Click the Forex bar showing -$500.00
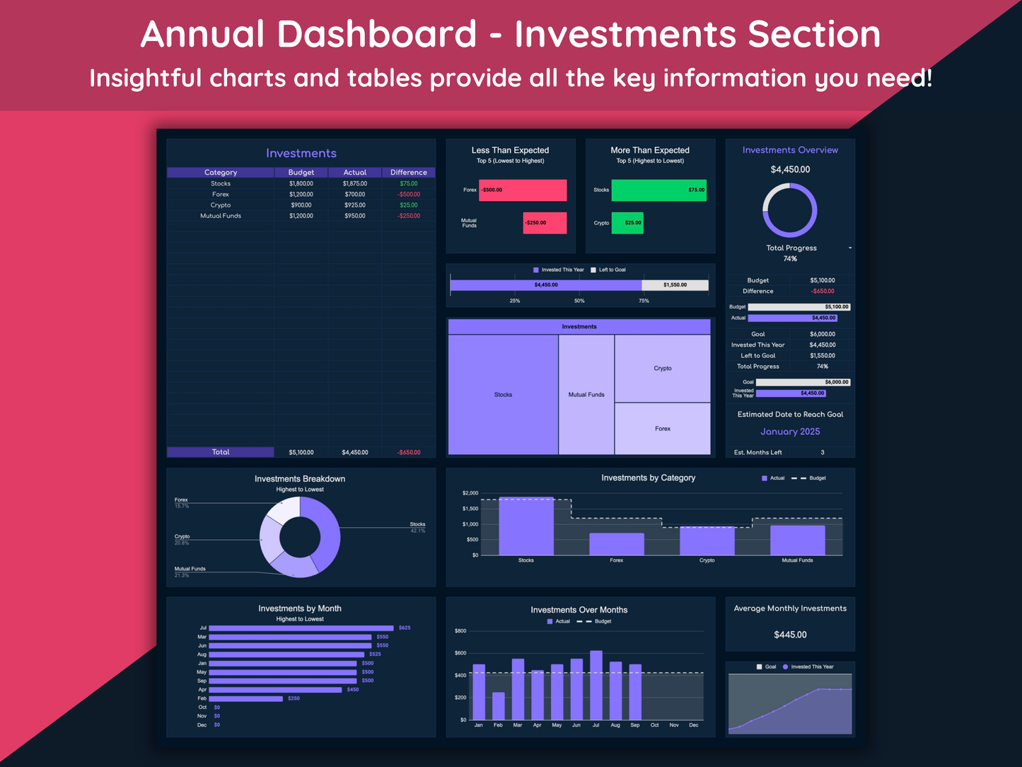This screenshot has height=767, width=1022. point(523,190)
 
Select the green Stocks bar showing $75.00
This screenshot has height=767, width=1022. point(658,190)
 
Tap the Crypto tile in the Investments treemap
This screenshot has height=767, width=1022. point(663,369)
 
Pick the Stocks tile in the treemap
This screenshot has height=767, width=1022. point(503,395)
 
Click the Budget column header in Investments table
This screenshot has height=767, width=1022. point(301,173)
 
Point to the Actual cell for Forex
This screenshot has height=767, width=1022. point(355,195)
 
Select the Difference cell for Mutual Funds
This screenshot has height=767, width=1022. point(409,216)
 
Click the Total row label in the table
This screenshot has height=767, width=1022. point(221,452)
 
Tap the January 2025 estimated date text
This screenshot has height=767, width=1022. point(790,432)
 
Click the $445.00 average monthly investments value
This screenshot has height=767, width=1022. point(790,635)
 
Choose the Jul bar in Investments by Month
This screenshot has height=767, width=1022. point(301,628)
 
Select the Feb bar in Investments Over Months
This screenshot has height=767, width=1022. point(499,706)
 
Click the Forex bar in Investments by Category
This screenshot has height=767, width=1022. point(617,544)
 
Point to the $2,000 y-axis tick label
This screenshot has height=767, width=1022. point(470,493)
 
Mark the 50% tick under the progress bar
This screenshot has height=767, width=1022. point(579,301)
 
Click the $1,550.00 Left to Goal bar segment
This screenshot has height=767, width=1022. point(675,285)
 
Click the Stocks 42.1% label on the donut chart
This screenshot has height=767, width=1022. point(417,527)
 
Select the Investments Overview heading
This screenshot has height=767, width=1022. point(790,150)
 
